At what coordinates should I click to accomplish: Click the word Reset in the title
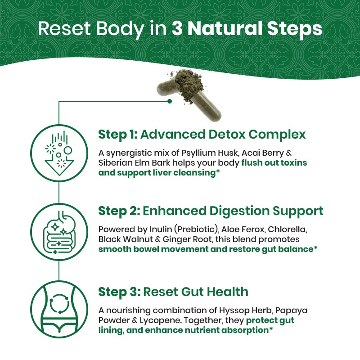[x=64, y=29]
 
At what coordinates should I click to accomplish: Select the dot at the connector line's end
[x=170, y=101]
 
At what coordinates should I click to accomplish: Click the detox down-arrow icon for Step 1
[x=59, y=153]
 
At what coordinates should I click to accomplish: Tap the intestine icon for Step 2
[x=59, y=232]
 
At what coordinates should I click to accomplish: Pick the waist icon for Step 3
[x=59, y=309]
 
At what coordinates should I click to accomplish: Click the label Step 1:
[x=118, y=134]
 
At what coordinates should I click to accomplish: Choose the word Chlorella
[x=287, y=229]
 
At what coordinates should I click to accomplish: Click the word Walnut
[x=138, y=239]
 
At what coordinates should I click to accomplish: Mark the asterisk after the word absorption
[x=271, y=328]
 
